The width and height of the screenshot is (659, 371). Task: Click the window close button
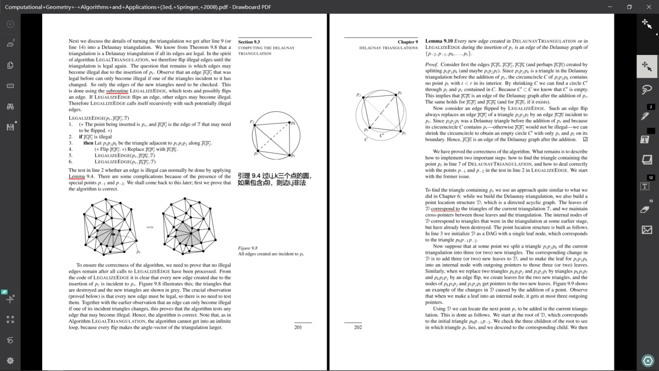coord(648,7)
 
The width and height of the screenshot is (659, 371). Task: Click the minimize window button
coord(610,7)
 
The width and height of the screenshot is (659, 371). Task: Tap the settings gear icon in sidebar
coord(10,360)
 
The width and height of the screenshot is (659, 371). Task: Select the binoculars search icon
coord(10,106)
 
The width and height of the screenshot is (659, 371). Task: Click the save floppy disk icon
coord(10,127)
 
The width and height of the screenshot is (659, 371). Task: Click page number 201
coord(298,327)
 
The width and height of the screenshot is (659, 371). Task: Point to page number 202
coord(358,327)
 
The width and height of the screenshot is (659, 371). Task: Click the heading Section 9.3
coord(249,42)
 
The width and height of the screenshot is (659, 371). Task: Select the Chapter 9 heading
coord(408,42)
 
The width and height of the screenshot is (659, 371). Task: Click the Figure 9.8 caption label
coord(248,248)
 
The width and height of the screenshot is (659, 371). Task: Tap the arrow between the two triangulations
coord(150,227)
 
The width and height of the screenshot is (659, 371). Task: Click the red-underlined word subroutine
coord(117,91)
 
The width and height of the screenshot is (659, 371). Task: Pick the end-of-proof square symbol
coord(585,139)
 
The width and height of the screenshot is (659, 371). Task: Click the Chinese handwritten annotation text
coord(275,179)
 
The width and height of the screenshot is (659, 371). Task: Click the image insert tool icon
coord(647,229)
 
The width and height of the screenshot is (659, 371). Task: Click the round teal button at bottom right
coord(648,361)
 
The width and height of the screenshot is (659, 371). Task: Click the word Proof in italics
coord(431,65)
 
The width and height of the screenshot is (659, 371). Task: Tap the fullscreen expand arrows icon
coord(10,320)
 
